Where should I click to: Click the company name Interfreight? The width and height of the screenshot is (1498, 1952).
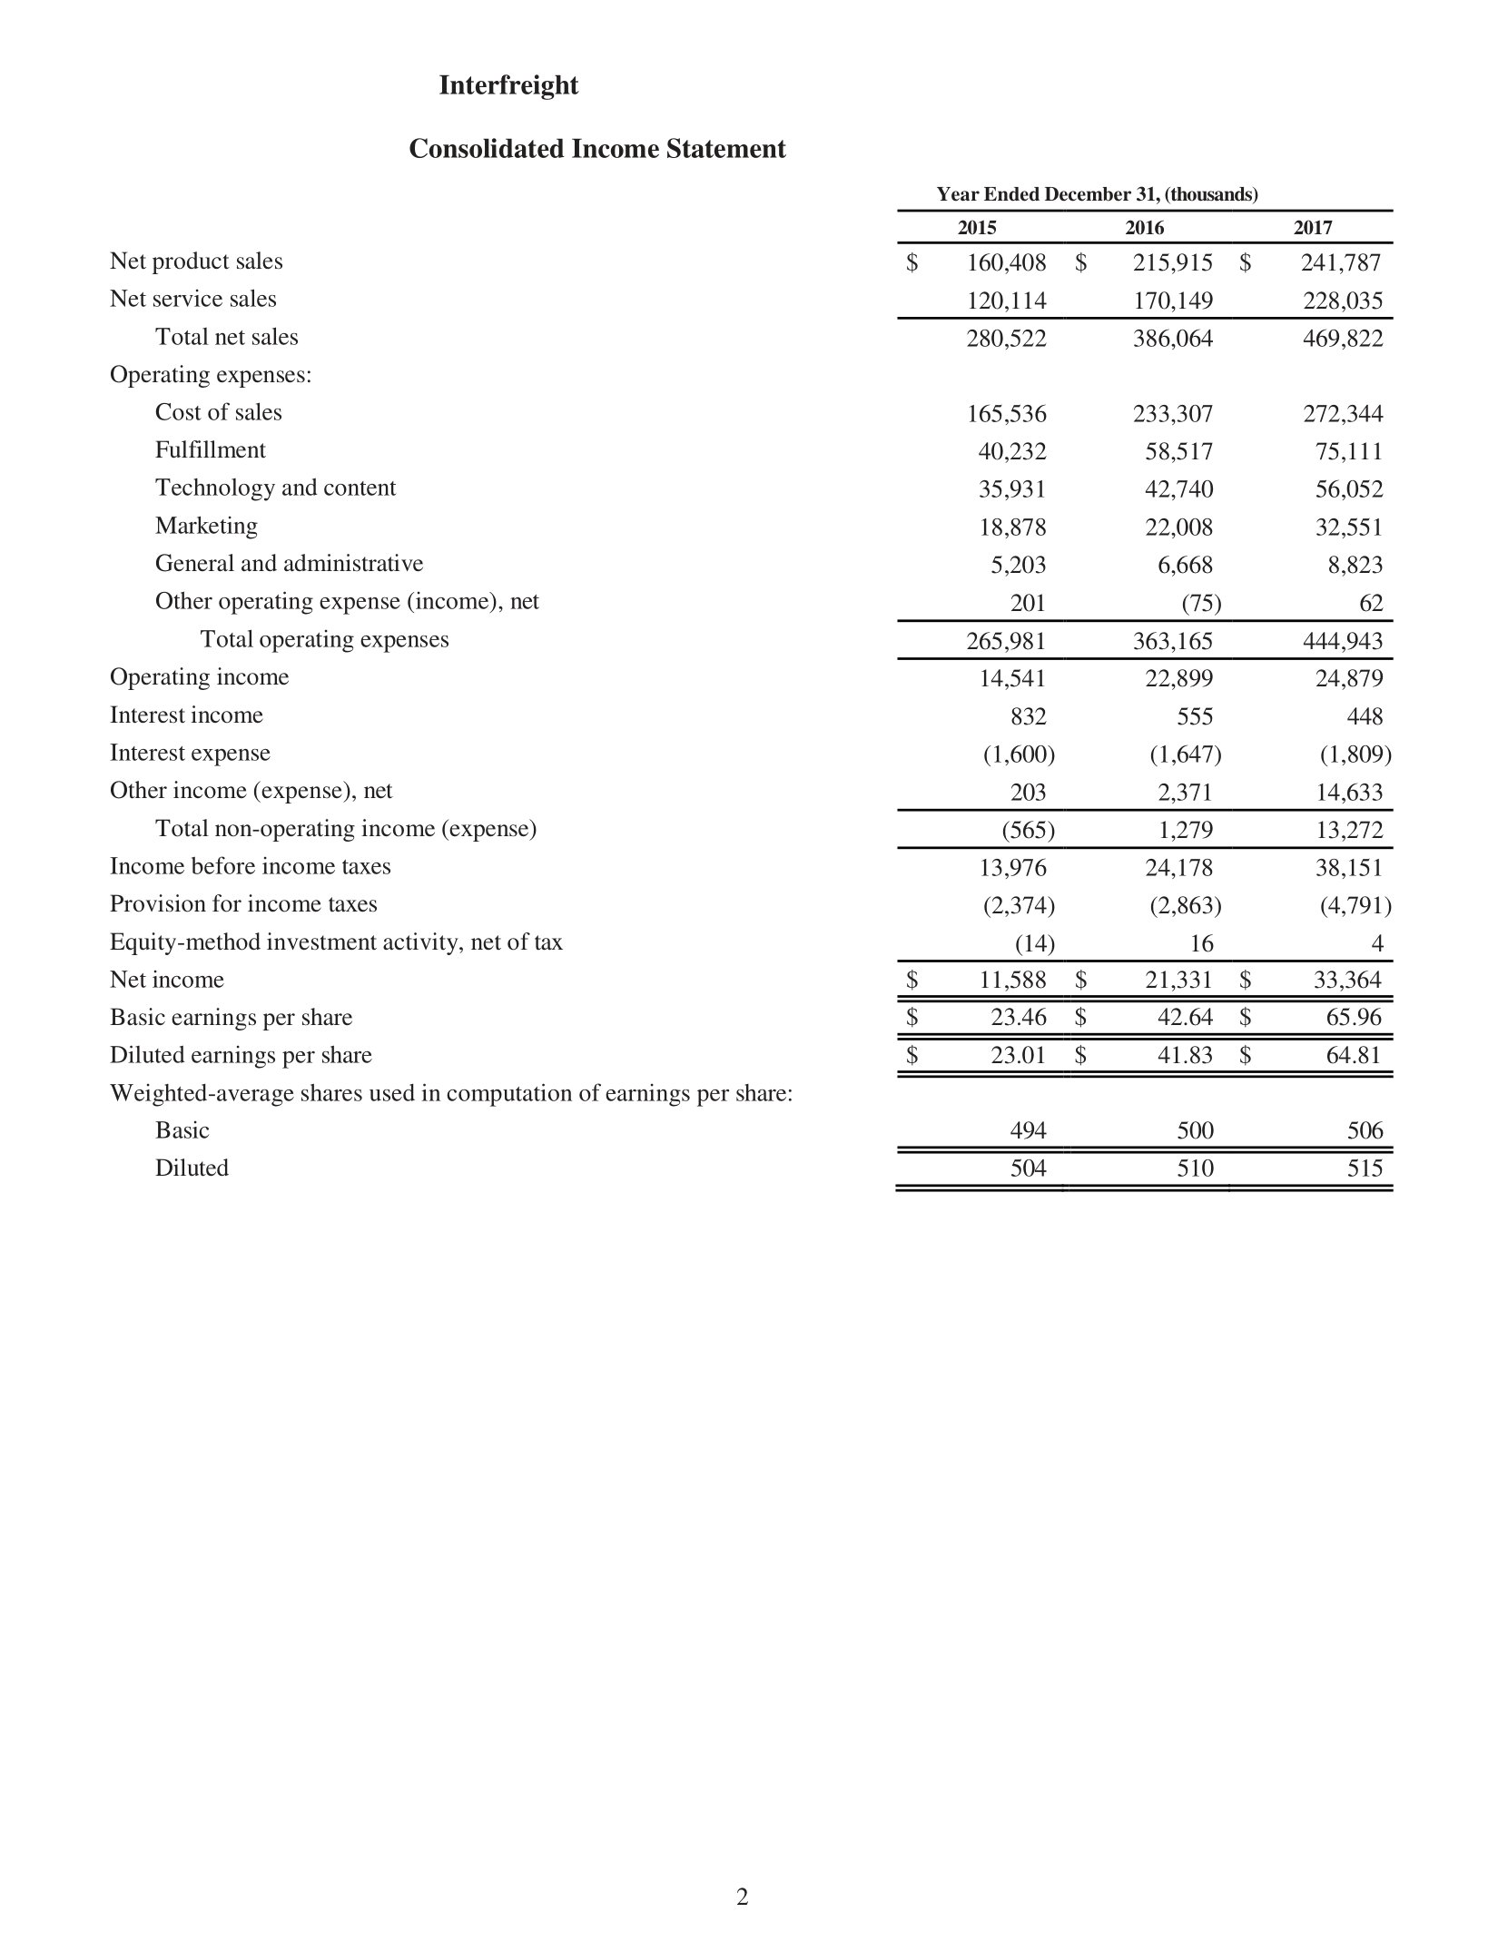pos(508,85)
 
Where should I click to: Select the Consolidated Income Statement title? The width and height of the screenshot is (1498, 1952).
pos(596,149)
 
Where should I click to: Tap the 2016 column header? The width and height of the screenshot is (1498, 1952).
pos(1144,228)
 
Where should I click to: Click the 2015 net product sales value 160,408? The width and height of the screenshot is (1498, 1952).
pos(1006,263)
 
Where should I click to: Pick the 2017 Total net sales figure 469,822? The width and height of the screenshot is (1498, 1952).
pos(1343,339)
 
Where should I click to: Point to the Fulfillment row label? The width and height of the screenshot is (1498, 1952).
pos(210,450)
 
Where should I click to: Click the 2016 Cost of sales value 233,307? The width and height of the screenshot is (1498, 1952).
pos(1172,414)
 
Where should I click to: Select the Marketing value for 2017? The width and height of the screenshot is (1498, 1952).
pos(1349,527)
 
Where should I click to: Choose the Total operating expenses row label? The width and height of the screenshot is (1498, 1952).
pos(324,639)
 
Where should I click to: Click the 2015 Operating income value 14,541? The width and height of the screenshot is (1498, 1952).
pos(1011,678)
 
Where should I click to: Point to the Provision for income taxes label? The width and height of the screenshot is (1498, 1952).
pos(242,904)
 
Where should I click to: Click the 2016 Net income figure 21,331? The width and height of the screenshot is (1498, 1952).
pos(1178,980)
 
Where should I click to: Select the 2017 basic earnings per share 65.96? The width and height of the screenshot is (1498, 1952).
pos(1354,1018)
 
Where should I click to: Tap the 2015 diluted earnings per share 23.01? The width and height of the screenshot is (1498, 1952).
pos(1018,1056)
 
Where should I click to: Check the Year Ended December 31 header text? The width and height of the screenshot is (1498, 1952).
pos(1097,194)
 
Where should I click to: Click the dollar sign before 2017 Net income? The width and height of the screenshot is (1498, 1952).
pos(1246,980)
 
